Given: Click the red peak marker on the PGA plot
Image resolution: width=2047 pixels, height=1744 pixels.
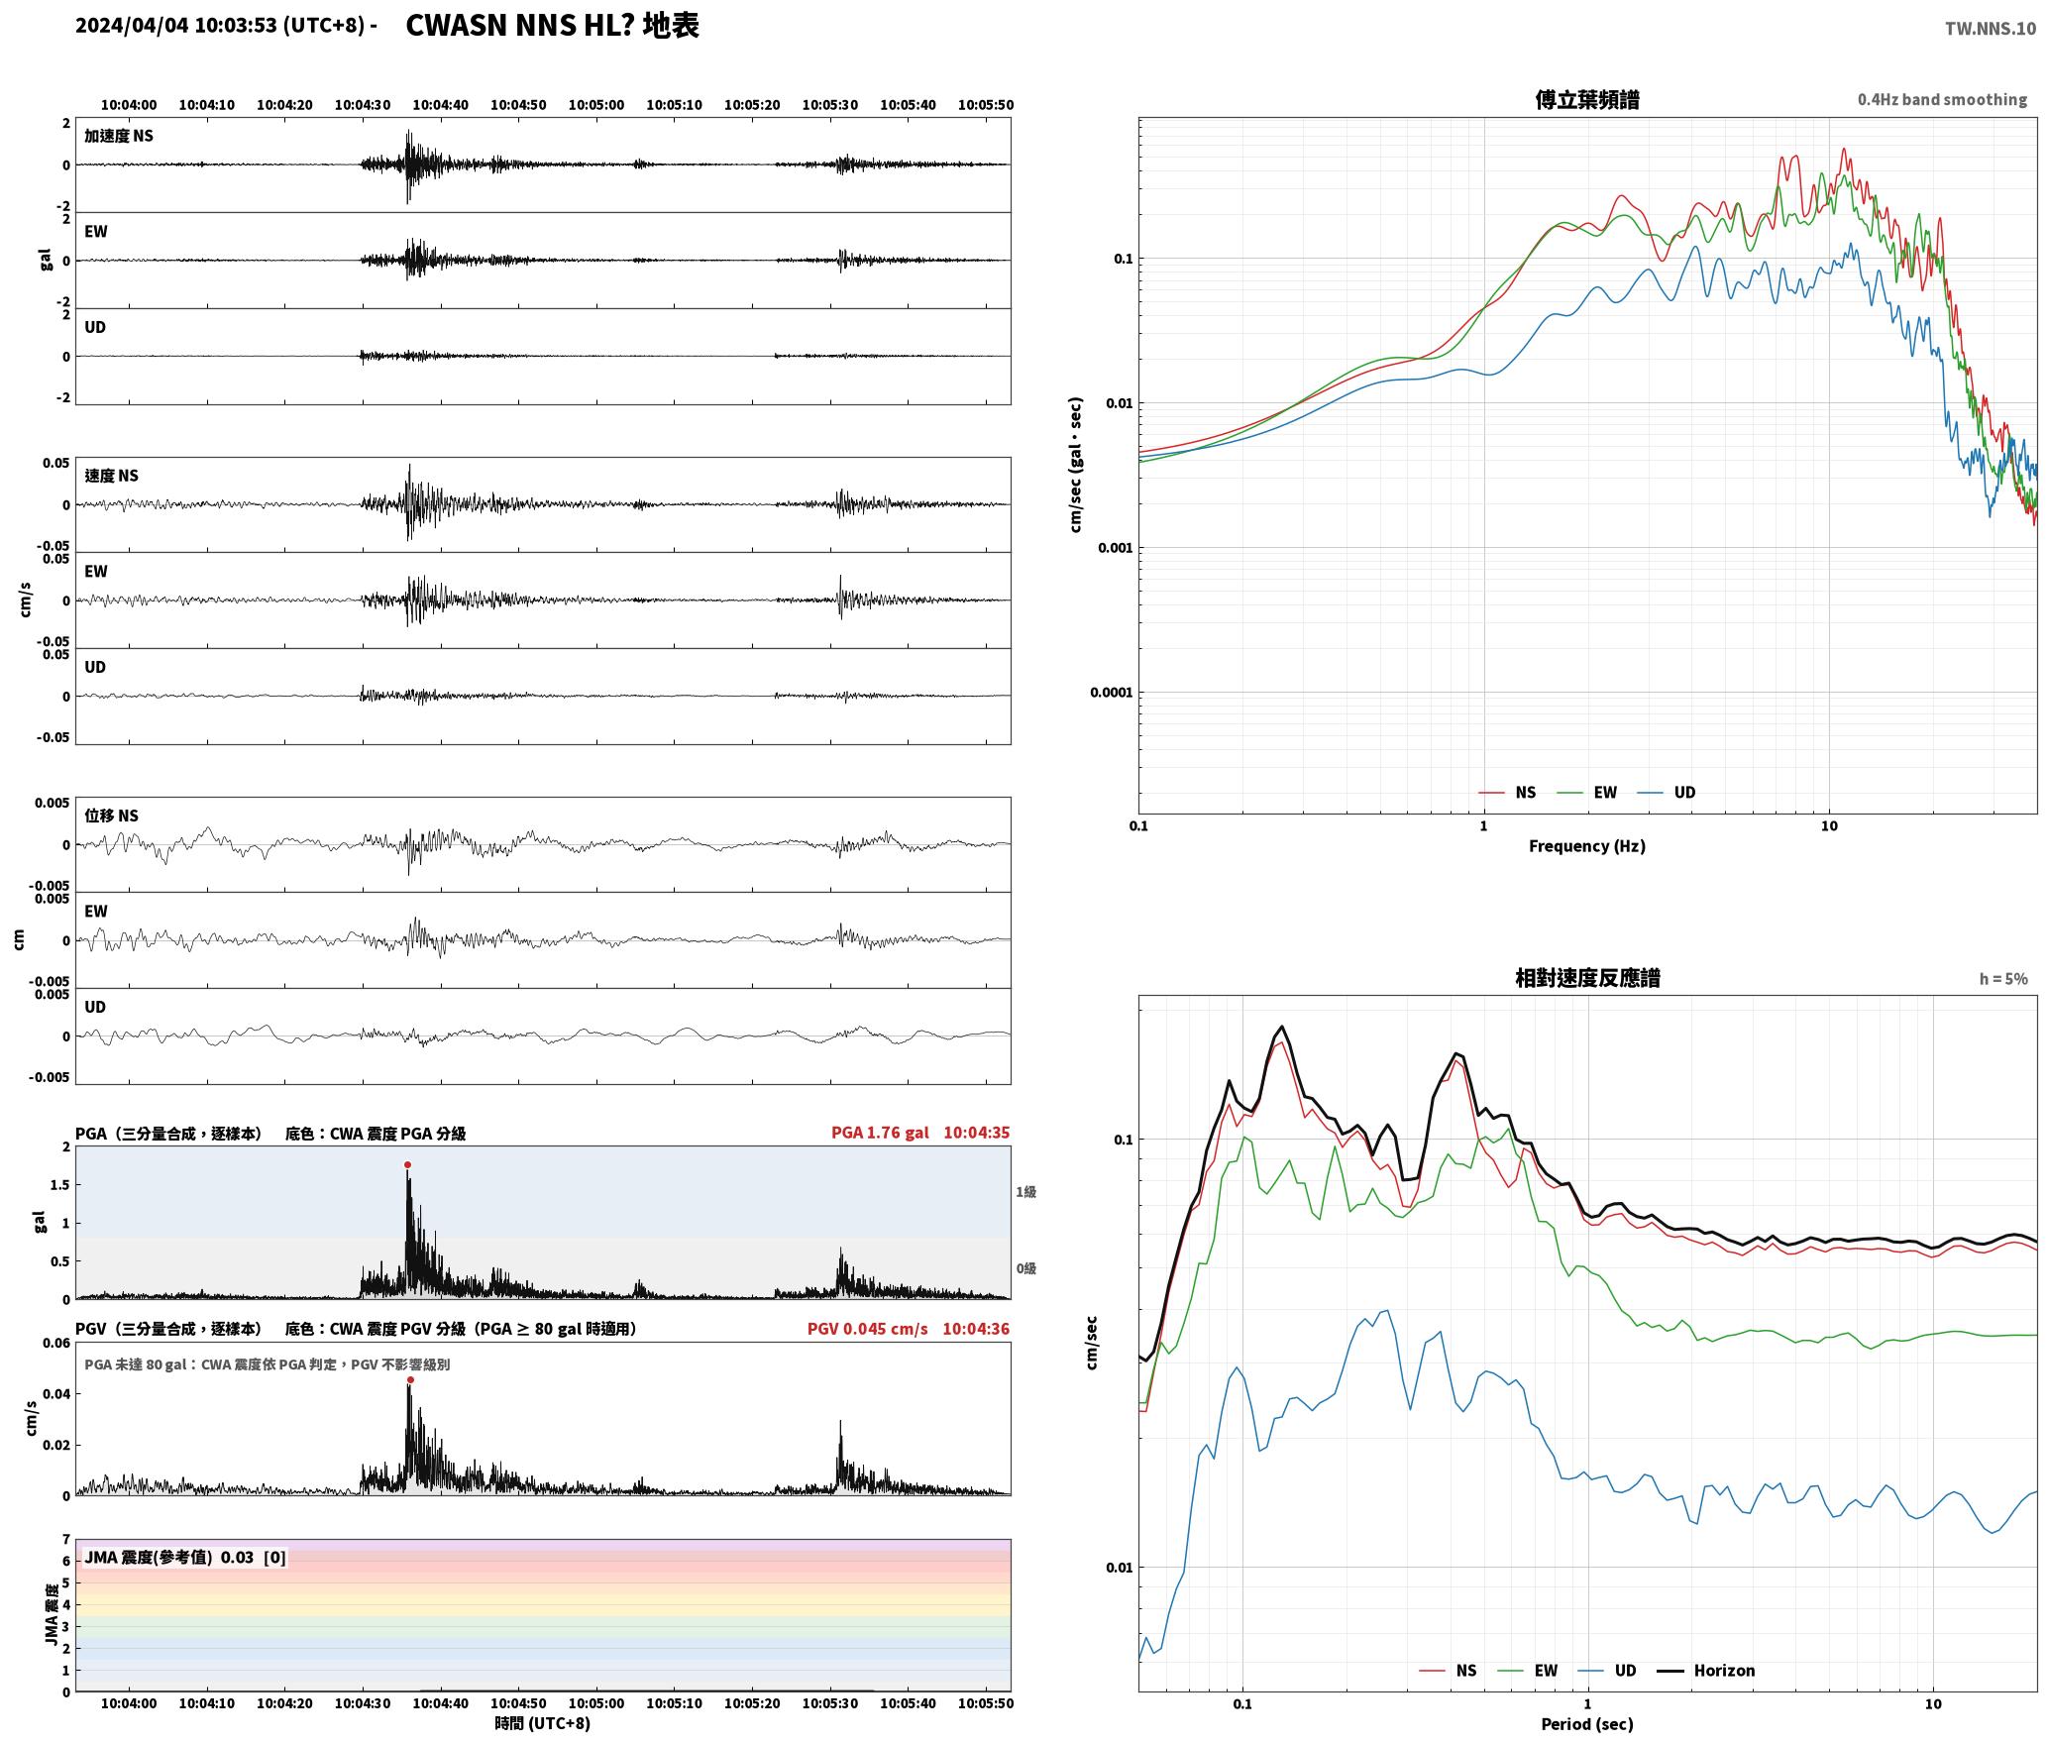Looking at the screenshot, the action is click(407, 1165).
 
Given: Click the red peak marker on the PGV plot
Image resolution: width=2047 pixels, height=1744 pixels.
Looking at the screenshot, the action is click(410, 1380).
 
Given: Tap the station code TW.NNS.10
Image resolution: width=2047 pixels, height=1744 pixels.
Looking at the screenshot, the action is click(1991, 29).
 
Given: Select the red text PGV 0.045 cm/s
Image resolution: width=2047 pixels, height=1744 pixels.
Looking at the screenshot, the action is click(868, 1329).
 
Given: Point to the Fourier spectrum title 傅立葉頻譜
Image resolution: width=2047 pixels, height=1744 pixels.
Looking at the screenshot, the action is click(1587, 100).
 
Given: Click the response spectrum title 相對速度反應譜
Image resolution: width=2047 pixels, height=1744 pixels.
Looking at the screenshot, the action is click(1587, 978).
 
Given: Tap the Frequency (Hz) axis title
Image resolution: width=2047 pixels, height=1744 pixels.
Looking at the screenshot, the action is click(1587, 846).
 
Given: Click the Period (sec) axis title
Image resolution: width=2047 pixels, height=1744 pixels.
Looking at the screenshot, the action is click(1587, 1724).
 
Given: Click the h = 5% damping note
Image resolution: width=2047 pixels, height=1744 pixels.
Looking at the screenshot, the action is click(2003, 979).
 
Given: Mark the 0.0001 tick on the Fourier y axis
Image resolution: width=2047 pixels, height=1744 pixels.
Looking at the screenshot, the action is click(1111, 693).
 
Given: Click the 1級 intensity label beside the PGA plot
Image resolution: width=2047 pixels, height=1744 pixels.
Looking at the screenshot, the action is click(1025, 1192).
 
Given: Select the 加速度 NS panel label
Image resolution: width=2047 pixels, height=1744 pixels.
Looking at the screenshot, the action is click(119, 136).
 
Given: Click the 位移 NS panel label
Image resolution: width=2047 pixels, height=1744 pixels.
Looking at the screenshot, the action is click(111, 816).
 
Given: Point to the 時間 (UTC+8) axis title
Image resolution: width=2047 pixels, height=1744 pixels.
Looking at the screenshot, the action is click(543, 1723).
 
